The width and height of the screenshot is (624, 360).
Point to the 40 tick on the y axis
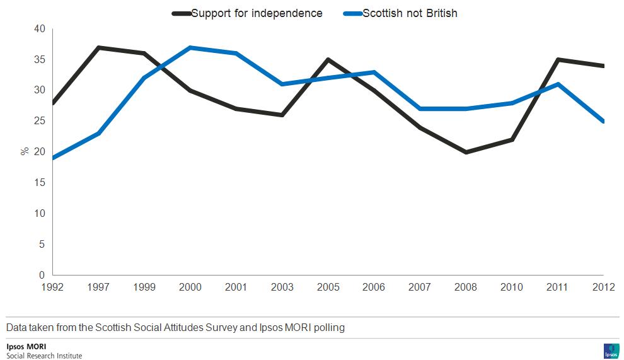[39, 29]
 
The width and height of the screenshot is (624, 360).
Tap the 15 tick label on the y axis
[39, 183]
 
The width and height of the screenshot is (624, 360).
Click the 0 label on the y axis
[42, 275]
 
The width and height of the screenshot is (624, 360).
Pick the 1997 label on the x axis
[98, 287]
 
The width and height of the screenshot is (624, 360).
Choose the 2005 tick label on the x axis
[328, 287]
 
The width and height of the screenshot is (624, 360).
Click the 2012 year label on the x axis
[603, 287]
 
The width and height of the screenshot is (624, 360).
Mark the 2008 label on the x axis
[466, 287]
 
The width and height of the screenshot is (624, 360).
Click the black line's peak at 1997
[99, 47]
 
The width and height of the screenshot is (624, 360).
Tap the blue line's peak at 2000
[190, 47]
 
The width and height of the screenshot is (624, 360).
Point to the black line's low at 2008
[466, 152]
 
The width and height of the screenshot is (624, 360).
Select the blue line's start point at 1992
[54, 158]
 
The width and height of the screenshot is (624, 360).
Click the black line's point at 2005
[328, 60]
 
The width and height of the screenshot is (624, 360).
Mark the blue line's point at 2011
[557, 84]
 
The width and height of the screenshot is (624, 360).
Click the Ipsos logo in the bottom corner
[611, 351]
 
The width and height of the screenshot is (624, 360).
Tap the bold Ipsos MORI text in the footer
[26, 346]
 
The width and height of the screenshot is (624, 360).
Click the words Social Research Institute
[44, 356]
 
